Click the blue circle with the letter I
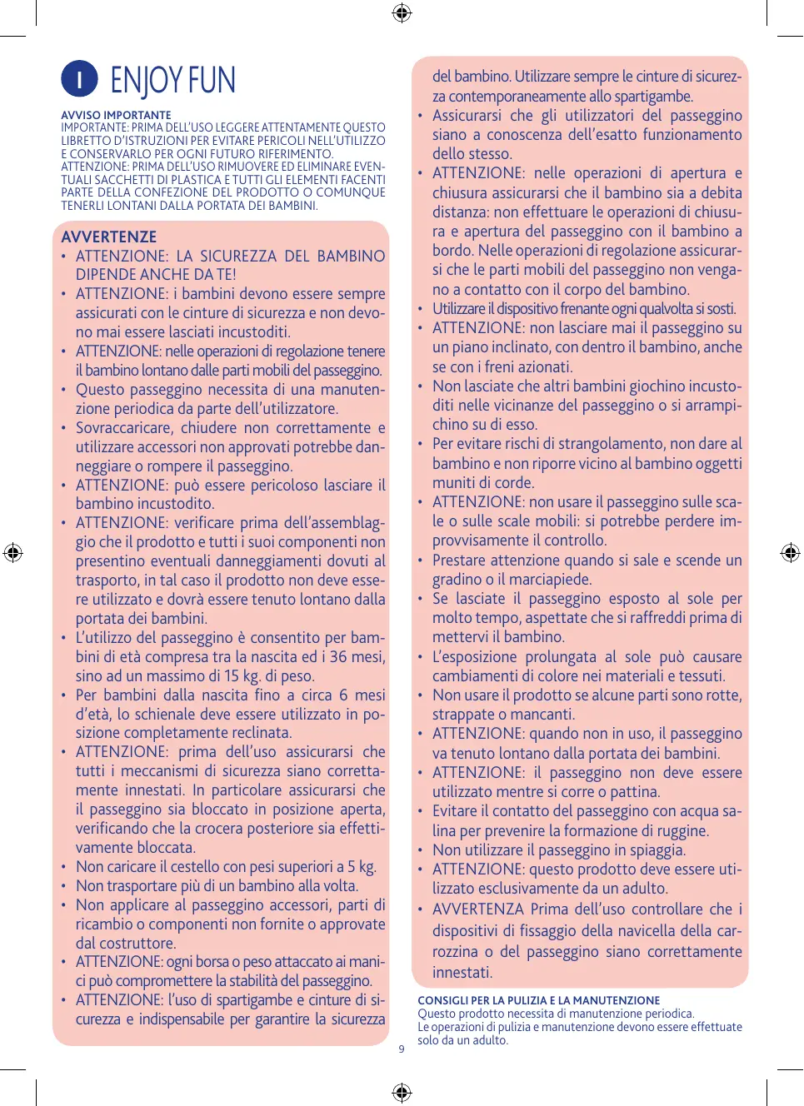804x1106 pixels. pos(79,79)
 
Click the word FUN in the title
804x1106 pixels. pos(212,81)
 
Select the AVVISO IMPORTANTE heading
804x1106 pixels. pos(116,115)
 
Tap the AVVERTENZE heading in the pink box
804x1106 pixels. pos(108,237)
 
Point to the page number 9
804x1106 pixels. pos(402,1049)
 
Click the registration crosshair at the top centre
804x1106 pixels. pos(402,12)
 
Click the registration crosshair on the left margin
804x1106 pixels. pos(12,552)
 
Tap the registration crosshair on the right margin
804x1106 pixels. pos(790,552)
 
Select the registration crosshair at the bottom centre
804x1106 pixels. pos(402,1092)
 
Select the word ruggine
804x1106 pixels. pos(680,830)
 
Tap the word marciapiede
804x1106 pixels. pos(545,579)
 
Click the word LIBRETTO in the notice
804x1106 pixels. pos(86,140)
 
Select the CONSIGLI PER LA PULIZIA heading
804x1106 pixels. pos(538,1000)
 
